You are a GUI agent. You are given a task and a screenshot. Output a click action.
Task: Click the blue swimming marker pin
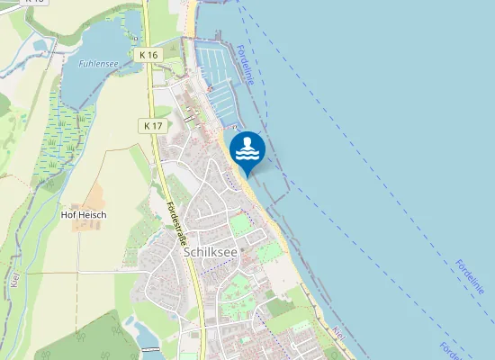pyautogui.click(x=247, y=150)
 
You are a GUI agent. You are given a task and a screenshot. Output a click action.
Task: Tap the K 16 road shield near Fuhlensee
pyautogui.click(x=149, y=55)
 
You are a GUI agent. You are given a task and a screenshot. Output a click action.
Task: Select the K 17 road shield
pyautogui.click(x=152, y=126)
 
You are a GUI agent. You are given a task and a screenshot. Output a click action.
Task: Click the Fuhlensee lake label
pyautogui.click(x=99, y=64)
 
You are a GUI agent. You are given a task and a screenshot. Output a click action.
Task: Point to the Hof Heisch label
pyautogui.click(x=84, y=215)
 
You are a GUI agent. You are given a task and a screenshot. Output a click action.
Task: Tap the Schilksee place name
pyautogui.click(x=210, y=253)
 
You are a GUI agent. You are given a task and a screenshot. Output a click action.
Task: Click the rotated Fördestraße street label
pyautogui.click(x=176, y=225)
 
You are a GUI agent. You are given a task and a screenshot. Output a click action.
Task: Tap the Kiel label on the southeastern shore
pyautogui.click(x=338, y=334)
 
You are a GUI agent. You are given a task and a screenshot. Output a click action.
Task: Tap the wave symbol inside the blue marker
pyautogui.click(x=247, y=155)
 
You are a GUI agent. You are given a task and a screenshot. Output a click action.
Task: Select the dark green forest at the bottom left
pyautogui.click(x=72, y=337)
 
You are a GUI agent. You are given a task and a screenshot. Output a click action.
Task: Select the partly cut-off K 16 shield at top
pyautogui.click(x=36, y=2)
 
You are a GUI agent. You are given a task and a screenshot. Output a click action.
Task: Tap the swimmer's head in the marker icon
pyautogui.click(x=247, y=141)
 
